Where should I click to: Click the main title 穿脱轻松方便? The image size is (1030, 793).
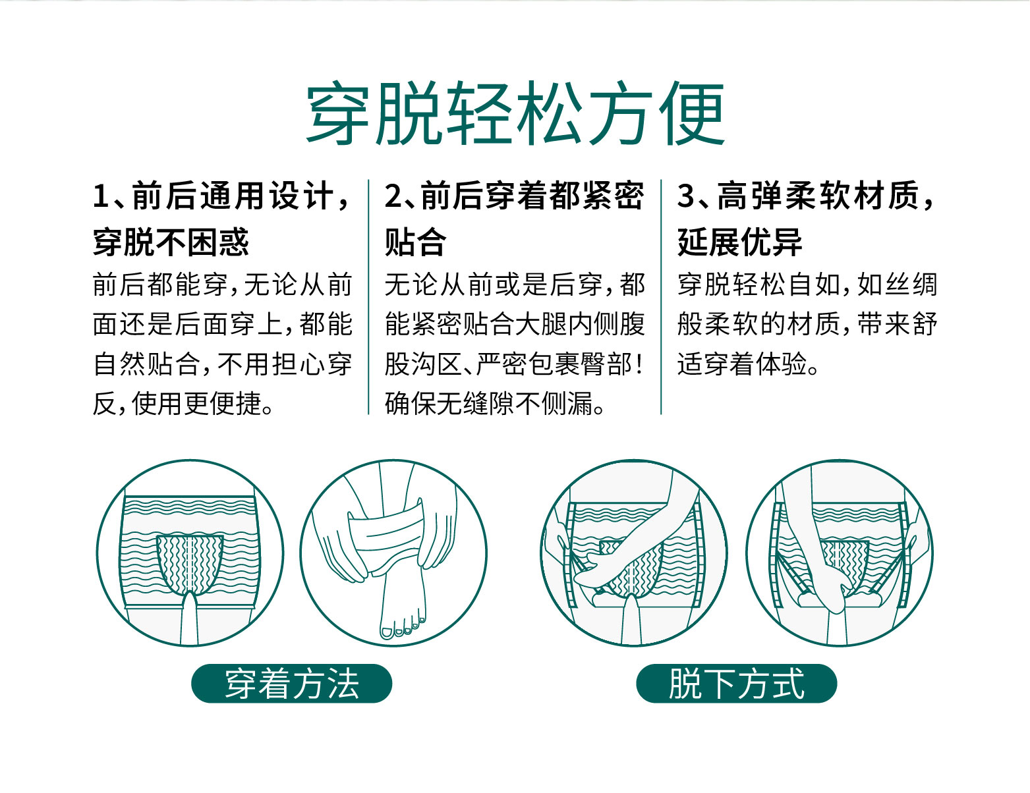(x=515, y=113)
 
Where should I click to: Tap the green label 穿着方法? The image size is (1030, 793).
(x=291, y=684)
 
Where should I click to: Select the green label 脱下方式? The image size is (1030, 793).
(x=736, y=684)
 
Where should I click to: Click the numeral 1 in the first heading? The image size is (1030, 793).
(x=101, y=197)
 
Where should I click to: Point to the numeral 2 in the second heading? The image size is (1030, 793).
(x=393, y=197)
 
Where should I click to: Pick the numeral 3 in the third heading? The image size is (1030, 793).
(x=686, y=197)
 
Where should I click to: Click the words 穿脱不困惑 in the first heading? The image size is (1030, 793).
(x=171, y=242)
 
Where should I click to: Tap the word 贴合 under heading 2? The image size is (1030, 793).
(x=415, y=242)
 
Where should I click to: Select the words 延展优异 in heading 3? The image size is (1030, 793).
(x=739, y=242)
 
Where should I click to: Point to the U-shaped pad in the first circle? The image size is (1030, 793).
(x=190, y=563)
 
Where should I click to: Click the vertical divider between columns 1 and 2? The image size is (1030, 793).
(x=368, y=296)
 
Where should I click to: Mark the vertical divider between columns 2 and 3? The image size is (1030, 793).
(x=661, y=296)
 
